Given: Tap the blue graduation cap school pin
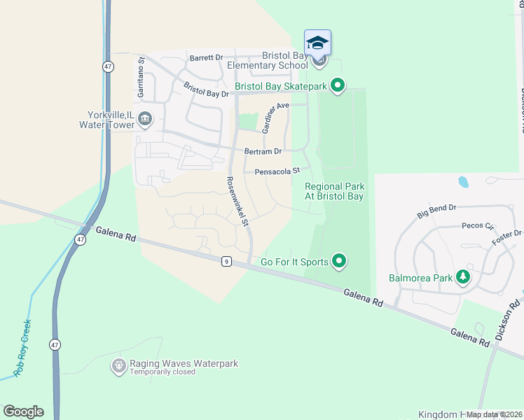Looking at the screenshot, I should click(x=317, y=43).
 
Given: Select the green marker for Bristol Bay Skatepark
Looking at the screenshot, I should click(x=338, y=86).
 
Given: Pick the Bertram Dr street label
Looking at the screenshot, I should click(x=263, y=151).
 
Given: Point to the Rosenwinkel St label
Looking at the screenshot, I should click(x=237, y=202).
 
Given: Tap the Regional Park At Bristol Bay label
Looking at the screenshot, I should click(x=334, y=191).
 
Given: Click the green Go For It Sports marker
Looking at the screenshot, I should click(x=339, y=262).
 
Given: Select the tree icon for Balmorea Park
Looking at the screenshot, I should click(x=462, y=277).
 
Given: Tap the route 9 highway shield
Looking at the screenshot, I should click(x=226, y=262).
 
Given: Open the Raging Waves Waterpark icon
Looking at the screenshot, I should click(x=119, y=365).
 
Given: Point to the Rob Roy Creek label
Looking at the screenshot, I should click(x=23, y=348).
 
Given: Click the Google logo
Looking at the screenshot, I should click(x=23, y=412).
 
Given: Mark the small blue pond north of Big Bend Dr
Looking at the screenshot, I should click(x=463, y=182).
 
